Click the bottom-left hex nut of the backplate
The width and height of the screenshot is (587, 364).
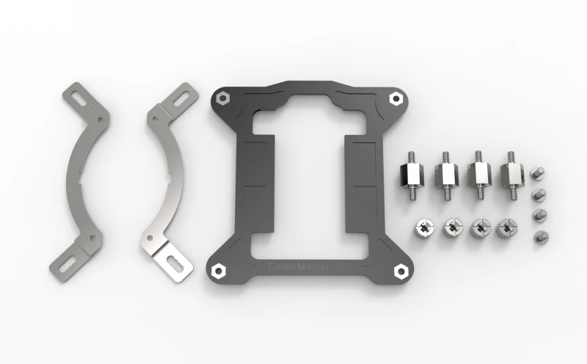click(x=217, y=270)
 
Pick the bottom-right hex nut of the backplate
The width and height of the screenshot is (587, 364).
click(x=401, y=271)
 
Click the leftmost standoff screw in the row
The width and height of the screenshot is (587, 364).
click(x=412, y=175)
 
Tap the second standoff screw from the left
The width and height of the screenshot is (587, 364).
click(x=445, y=175)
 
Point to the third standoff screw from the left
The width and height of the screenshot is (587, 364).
click(x=478, y=174)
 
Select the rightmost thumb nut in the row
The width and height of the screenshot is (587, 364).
click(x=505, y=230)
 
